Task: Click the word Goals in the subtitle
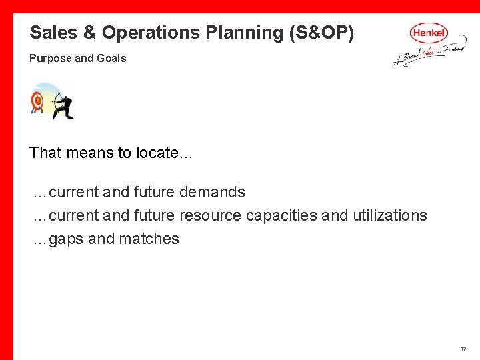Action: coord(111,59)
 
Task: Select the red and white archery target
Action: coord(37,101)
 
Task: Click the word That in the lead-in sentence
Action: coord(45,153)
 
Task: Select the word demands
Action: coord(213,192)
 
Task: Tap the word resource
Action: coord(210,215)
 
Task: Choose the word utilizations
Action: coord(390,215)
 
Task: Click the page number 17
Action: coord(463,350)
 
